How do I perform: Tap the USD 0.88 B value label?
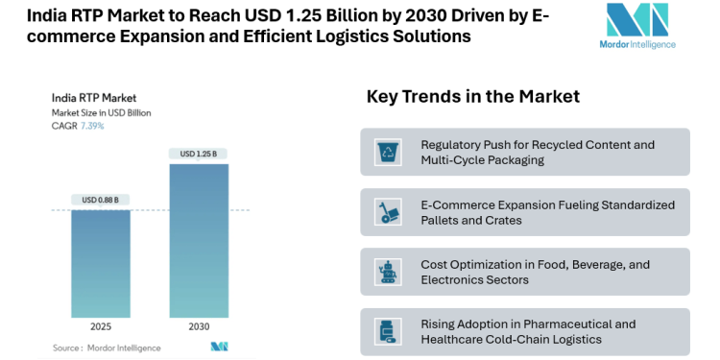click(x=101, y=200)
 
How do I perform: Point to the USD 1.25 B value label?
click(x=199, y=154)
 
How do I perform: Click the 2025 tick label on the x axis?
click(x=101, y=326)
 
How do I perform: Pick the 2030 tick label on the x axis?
click(x=199, y=326)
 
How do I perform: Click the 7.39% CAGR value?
click(x=92, y=126)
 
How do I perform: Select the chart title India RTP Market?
click(x=94, y=97)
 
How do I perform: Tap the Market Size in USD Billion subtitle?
click(x=101, y=112)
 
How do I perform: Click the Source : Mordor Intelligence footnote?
click(x=108, y=348)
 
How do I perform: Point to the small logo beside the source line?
click(x=219, y=347)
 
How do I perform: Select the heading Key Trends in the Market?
click(x=472, y=97)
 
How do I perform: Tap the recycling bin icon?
click(x=390, y=152)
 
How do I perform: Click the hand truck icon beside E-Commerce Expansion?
click(x=390, y=212)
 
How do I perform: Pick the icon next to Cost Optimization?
click(x=390, y=272)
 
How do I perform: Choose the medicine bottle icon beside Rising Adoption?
click(x=390, y=332)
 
